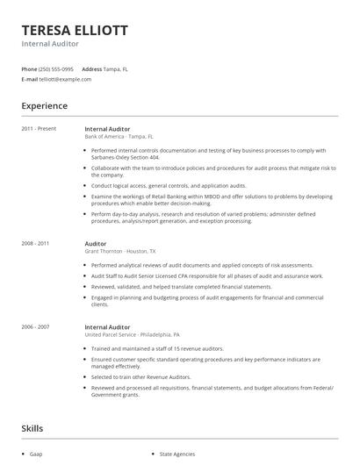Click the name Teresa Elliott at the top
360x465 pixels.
point(75,30)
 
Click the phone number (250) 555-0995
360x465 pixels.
point(57,68)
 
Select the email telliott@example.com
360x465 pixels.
point(65,79)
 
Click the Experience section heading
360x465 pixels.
point(44,106)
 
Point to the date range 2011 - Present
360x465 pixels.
point(39,129)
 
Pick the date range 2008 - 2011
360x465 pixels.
point(35,243)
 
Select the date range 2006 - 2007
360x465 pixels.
point(35,326)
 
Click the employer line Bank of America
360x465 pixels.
point(119,137)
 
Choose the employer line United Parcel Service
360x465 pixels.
point(132,334)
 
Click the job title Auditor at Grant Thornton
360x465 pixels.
point(96,243)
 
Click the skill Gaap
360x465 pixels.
point(36,454)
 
